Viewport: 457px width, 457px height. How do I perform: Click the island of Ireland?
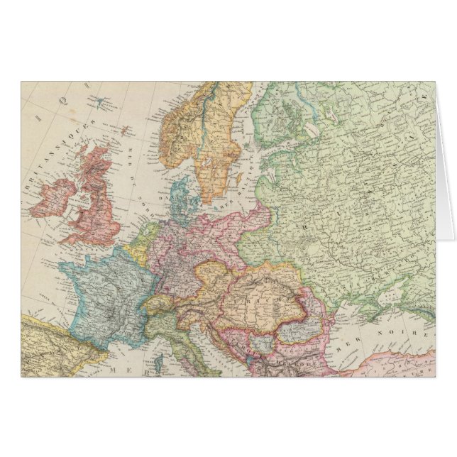pos(58,195)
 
